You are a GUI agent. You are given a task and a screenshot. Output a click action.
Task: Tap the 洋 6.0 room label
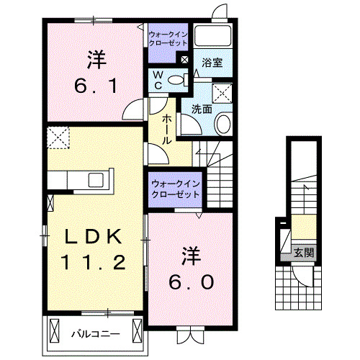pyautogui.click(x=191, y=267)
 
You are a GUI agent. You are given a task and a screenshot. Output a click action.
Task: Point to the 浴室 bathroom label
pyautogui.click(x=212, y=63)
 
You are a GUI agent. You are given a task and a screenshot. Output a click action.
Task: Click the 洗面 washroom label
pyautogui.click(x=202, y=109)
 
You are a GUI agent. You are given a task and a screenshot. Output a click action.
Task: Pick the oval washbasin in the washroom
pyautogui.click(x=222, y=124)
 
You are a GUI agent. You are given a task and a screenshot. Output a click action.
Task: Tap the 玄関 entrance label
pyautogui.click(x=303, y=252)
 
